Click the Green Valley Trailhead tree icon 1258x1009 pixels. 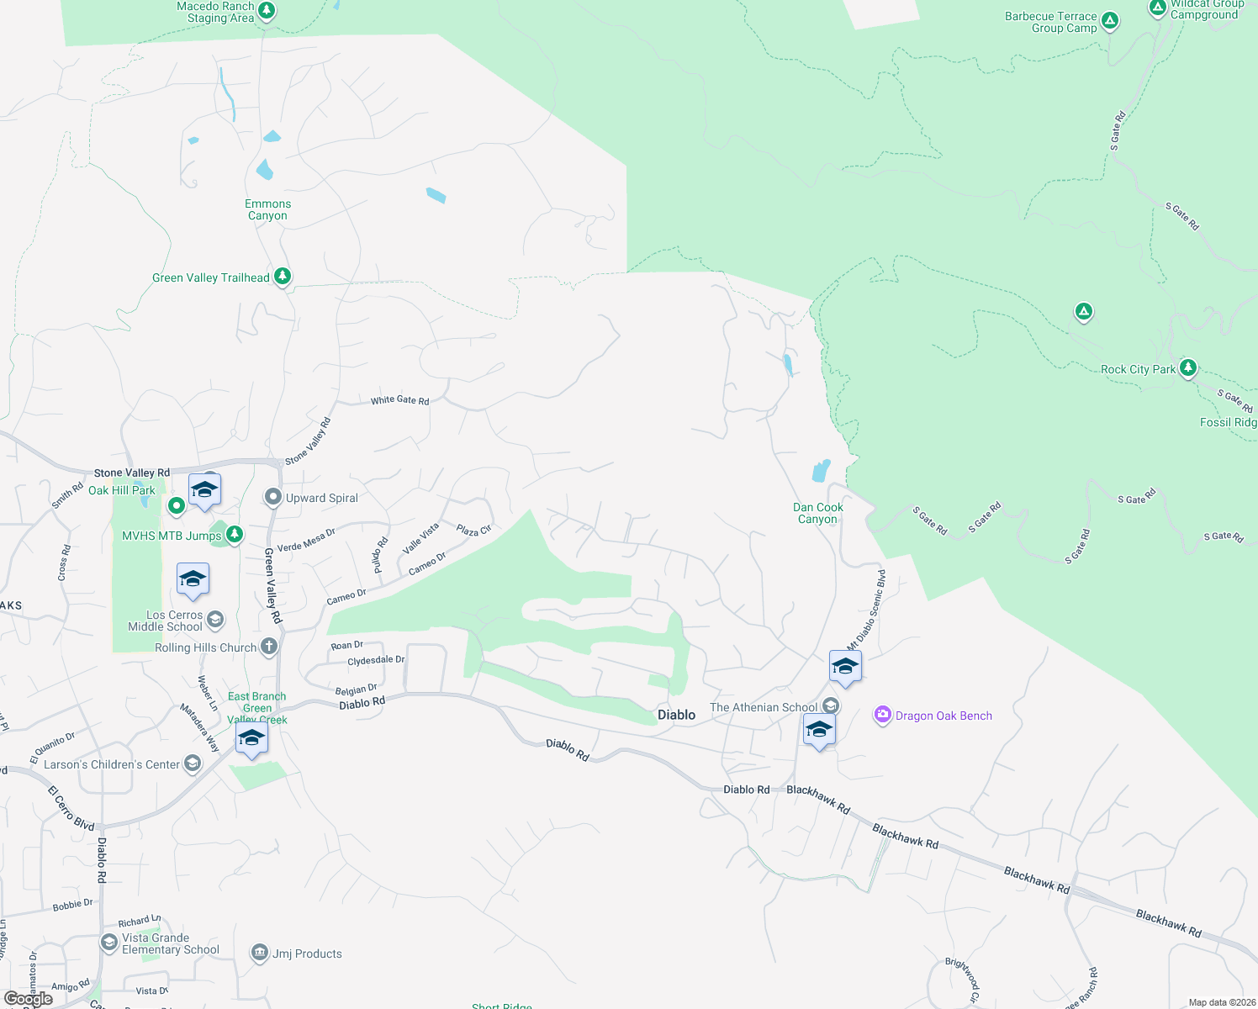click(x=283, y=277)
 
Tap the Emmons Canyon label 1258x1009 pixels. click(x=267, y=210)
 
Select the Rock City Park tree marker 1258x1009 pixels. click(x=1187, y=367)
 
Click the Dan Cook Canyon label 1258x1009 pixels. click(x=817, y=513)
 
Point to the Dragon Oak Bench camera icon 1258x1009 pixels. click(x=882, y=716)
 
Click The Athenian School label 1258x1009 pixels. click(x=763, y=707)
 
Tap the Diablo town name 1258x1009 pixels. click(x=676, y=715)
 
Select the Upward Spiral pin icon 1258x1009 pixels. click(x=272, y=498)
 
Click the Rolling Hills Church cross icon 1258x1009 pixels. click(x=269, y=647)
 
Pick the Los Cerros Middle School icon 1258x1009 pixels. click(x=215, y=621)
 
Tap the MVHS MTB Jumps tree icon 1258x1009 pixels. click(x=235, y=534)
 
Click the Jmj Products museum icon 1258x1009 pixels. click(x=259, y=953)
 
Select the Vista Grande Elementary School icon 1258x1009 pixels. click(x=108, y=943)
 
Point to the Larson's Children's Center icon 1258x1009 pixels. click(x=193, y=763)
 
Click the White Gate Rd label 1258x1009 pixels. click(x=400, y=400)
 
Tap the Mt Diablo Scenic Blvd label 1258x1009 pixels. click(x=866, y=609)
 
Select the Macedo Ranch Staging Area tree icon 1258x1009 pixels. click(x=267, y=11)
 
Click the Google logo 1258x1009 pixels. click(x=29, y=999)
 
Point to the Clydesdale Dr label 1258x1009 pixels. click(x=376, y=661)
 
